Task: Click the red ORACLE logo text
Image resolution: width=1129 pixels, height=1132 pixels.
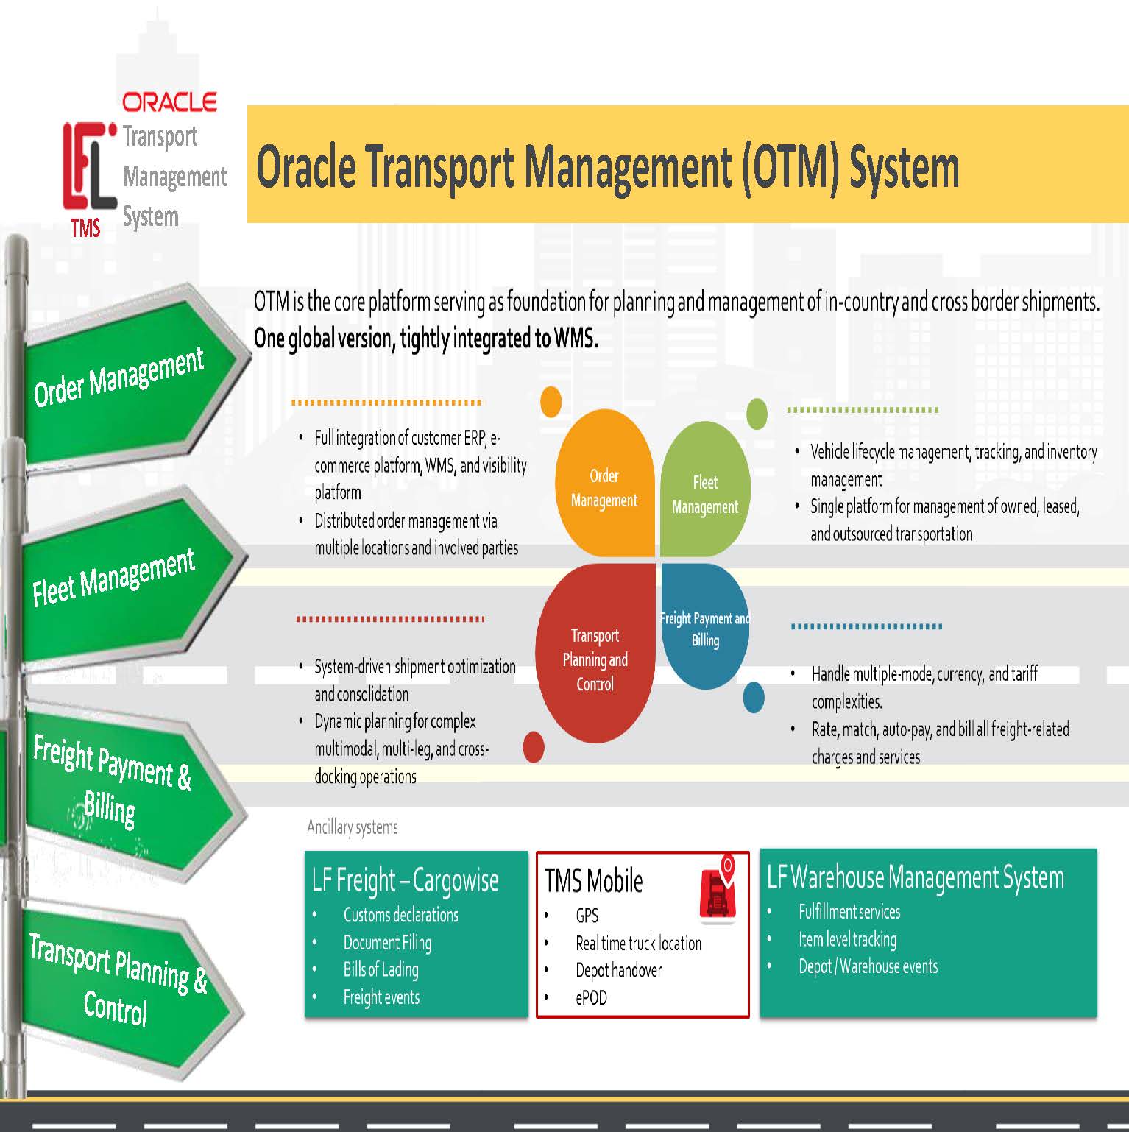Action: (169, 102)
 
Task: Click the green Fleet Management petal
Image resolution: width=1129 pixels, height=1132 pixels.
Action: (705, 494)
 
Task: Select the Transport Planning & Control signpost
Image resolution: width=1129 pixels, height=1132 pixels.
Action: (118, 979)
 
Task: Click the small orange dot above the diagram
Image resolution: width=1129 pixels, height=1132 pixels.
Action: (551, 402)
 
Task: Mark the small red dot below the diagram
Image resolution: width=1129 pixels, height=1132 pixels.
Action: (534, 747)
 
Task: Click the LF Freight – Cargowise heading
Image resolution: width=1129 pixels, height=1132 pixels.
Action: (406, 880)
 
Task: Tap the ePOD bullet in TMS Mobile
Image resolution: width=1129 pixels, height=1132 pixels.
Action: (591, 998)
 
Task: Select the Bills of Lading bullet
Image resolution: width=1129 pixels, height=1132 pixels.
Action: (381, 970)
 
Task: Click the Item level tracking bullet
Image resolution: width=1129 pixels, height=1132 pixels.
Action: (847, 940)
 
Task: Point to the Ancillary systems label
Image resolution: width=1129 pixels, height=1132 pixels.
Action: (353, 827)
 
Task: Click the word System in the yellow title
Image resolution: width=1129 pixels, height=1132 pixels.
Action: (904, 167)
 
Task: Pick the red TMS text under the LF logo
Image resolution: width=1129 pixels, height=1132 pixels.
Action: (85, 228)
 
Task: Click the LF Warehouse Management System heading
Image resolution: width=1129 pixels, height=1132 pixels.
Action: (915, 877)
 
